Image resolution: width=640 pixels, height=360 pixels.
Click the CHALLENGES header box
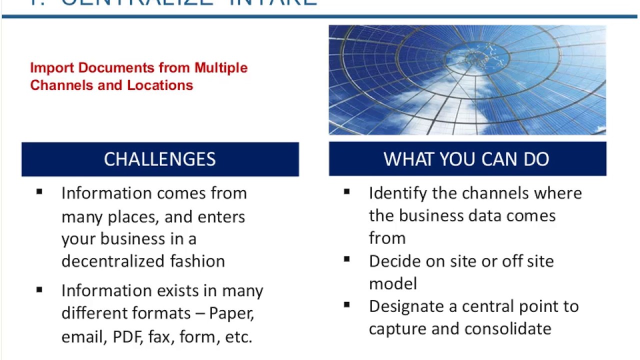tap(160, 159)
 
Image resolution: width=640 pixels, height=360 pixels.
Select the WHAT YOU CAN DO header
tap(467, 159)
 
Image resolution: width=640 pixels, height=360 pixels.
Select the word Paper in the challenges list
tap(231, 313)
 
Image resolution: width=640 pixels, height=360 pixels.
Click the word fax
tap(159, 337)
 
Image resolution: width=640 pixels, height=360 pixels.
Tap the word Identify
tap(398, 193)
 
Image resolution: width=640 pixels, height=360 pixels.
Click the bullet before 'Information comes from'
tap(40, 191)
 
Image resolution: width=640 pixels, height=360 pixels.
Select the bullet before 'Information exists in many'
tap(40, 289)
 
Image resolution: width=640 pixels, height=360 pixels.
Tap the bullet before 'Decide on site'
tap(347, 259)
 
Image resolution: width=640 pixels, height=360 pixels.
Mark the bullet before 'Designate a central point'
tap(347, 304)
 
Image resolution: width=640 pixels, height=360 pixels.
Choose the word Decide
tap(390, 261)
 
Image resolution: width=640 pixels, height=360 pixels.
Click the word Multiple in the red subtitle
tap(221, 68)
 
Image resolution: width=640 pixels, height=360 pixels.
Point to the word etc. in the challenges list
tap(238, 337)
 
